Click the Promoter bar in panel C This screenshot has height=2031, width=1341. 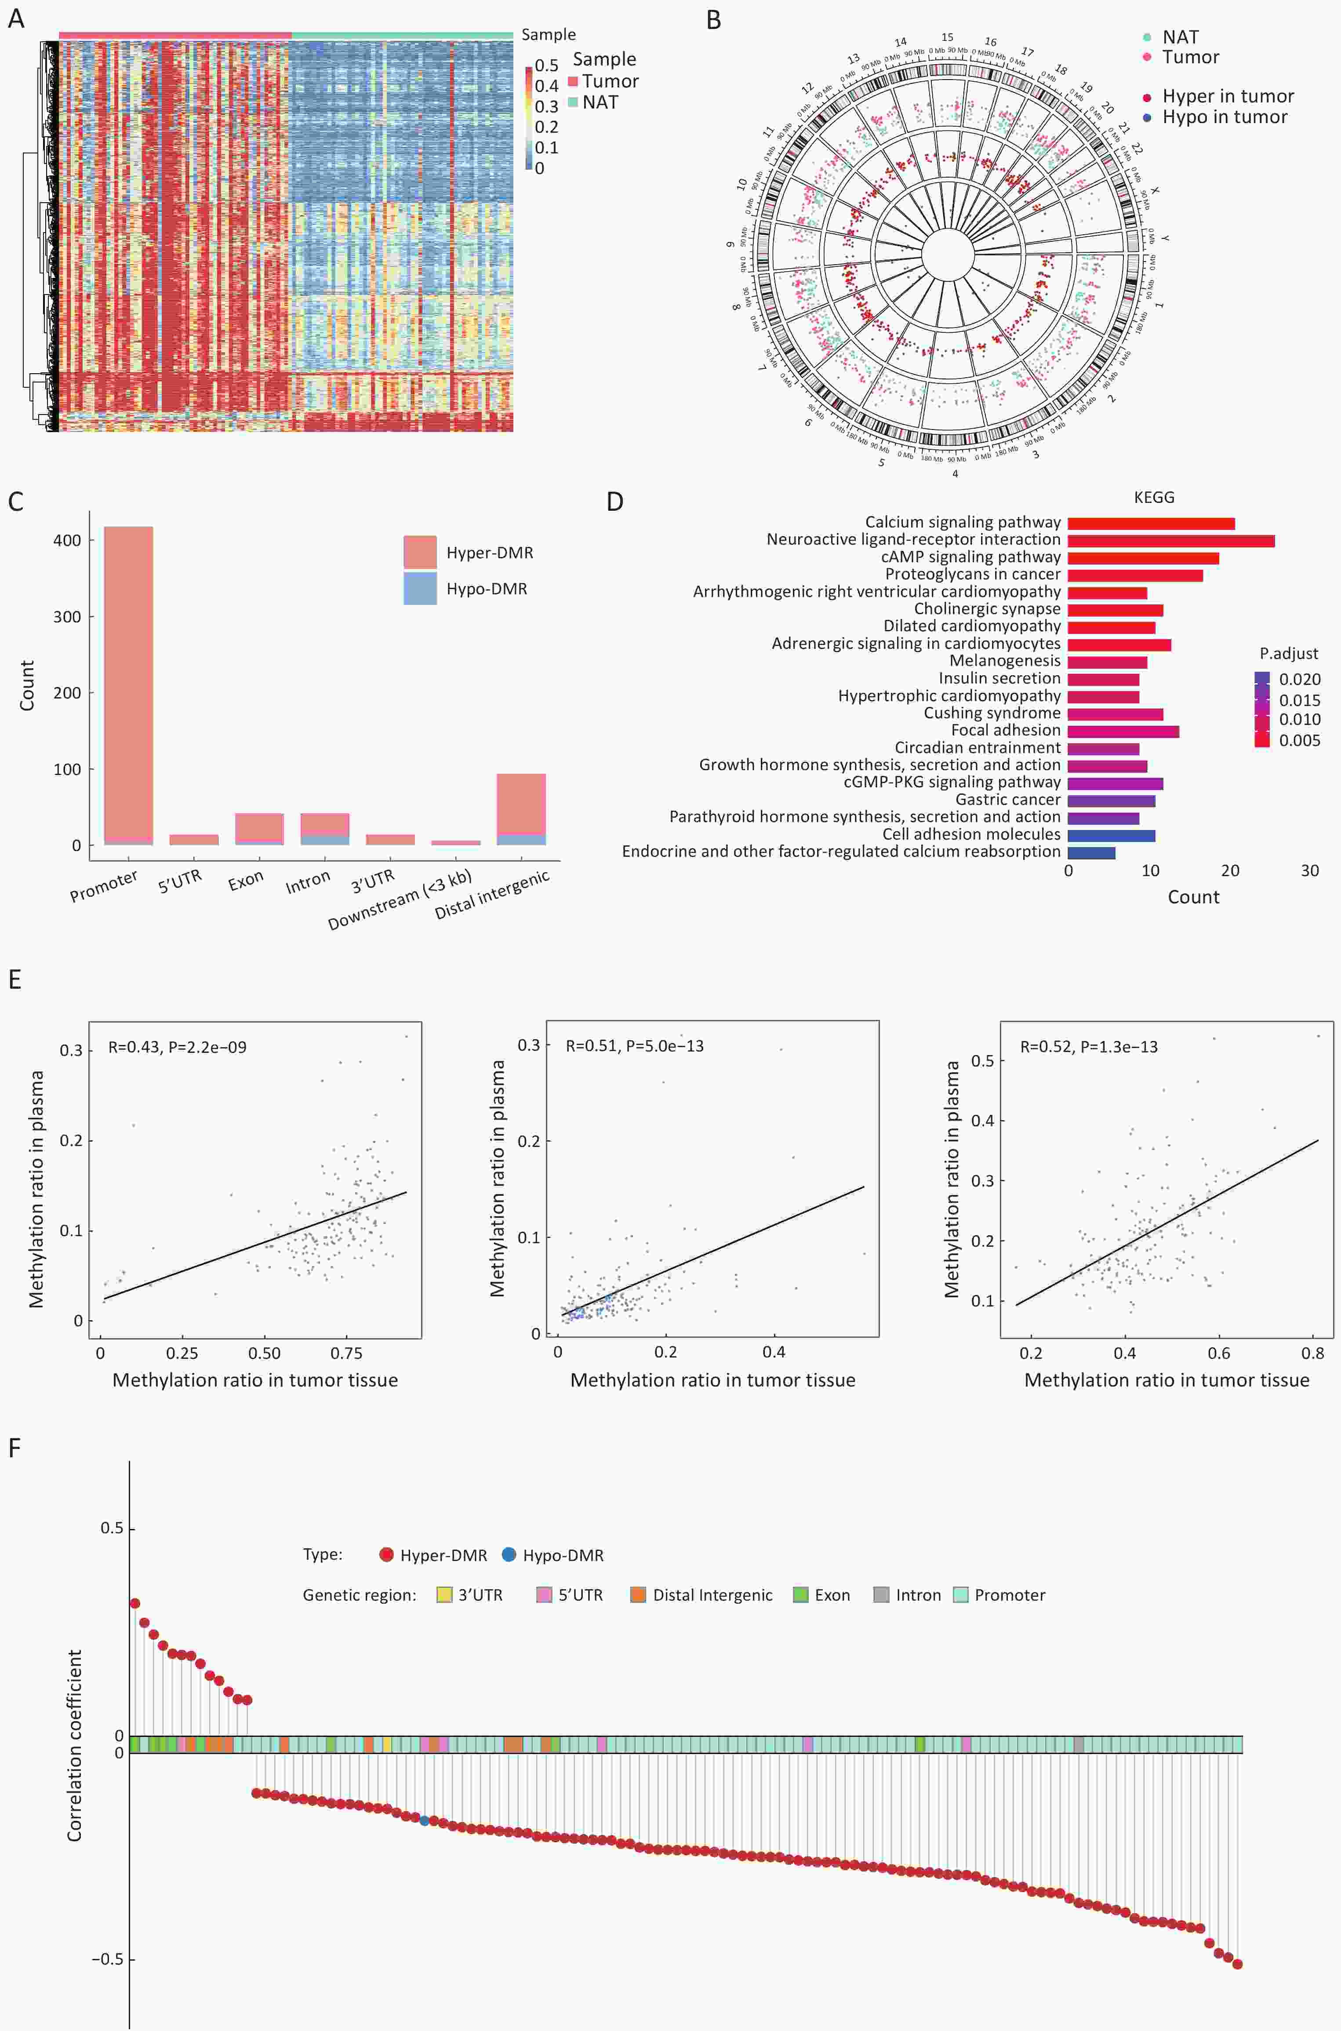tap(128, 684)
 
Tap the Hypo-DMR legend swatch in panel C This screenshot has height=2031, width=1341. tap(420, 589)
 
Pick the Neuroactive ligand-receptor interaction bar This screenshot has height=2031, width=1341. tap(1171, 540)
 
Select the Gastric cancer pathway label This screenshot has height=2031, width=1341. tap(1007, 800)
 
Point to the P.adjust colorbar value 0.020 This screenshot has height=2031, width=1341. tap(1299, 679)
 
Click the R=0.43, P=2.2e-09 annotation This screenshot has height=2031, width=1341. tap(177, 1047)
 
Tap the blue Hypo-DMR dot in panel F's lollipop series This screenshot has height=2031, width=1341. tap(424, 1820)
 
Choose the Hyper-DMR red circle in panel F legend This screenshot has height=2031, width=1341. tap(386, 1554)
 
